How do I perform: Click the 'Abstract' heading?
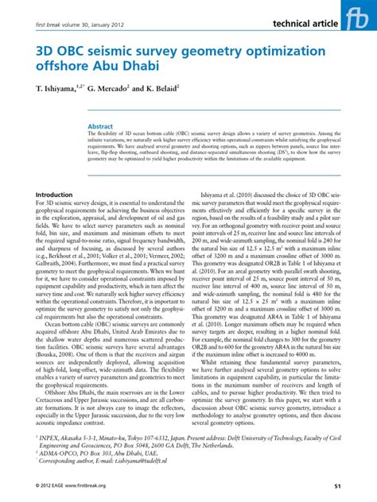click(123, 126)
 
